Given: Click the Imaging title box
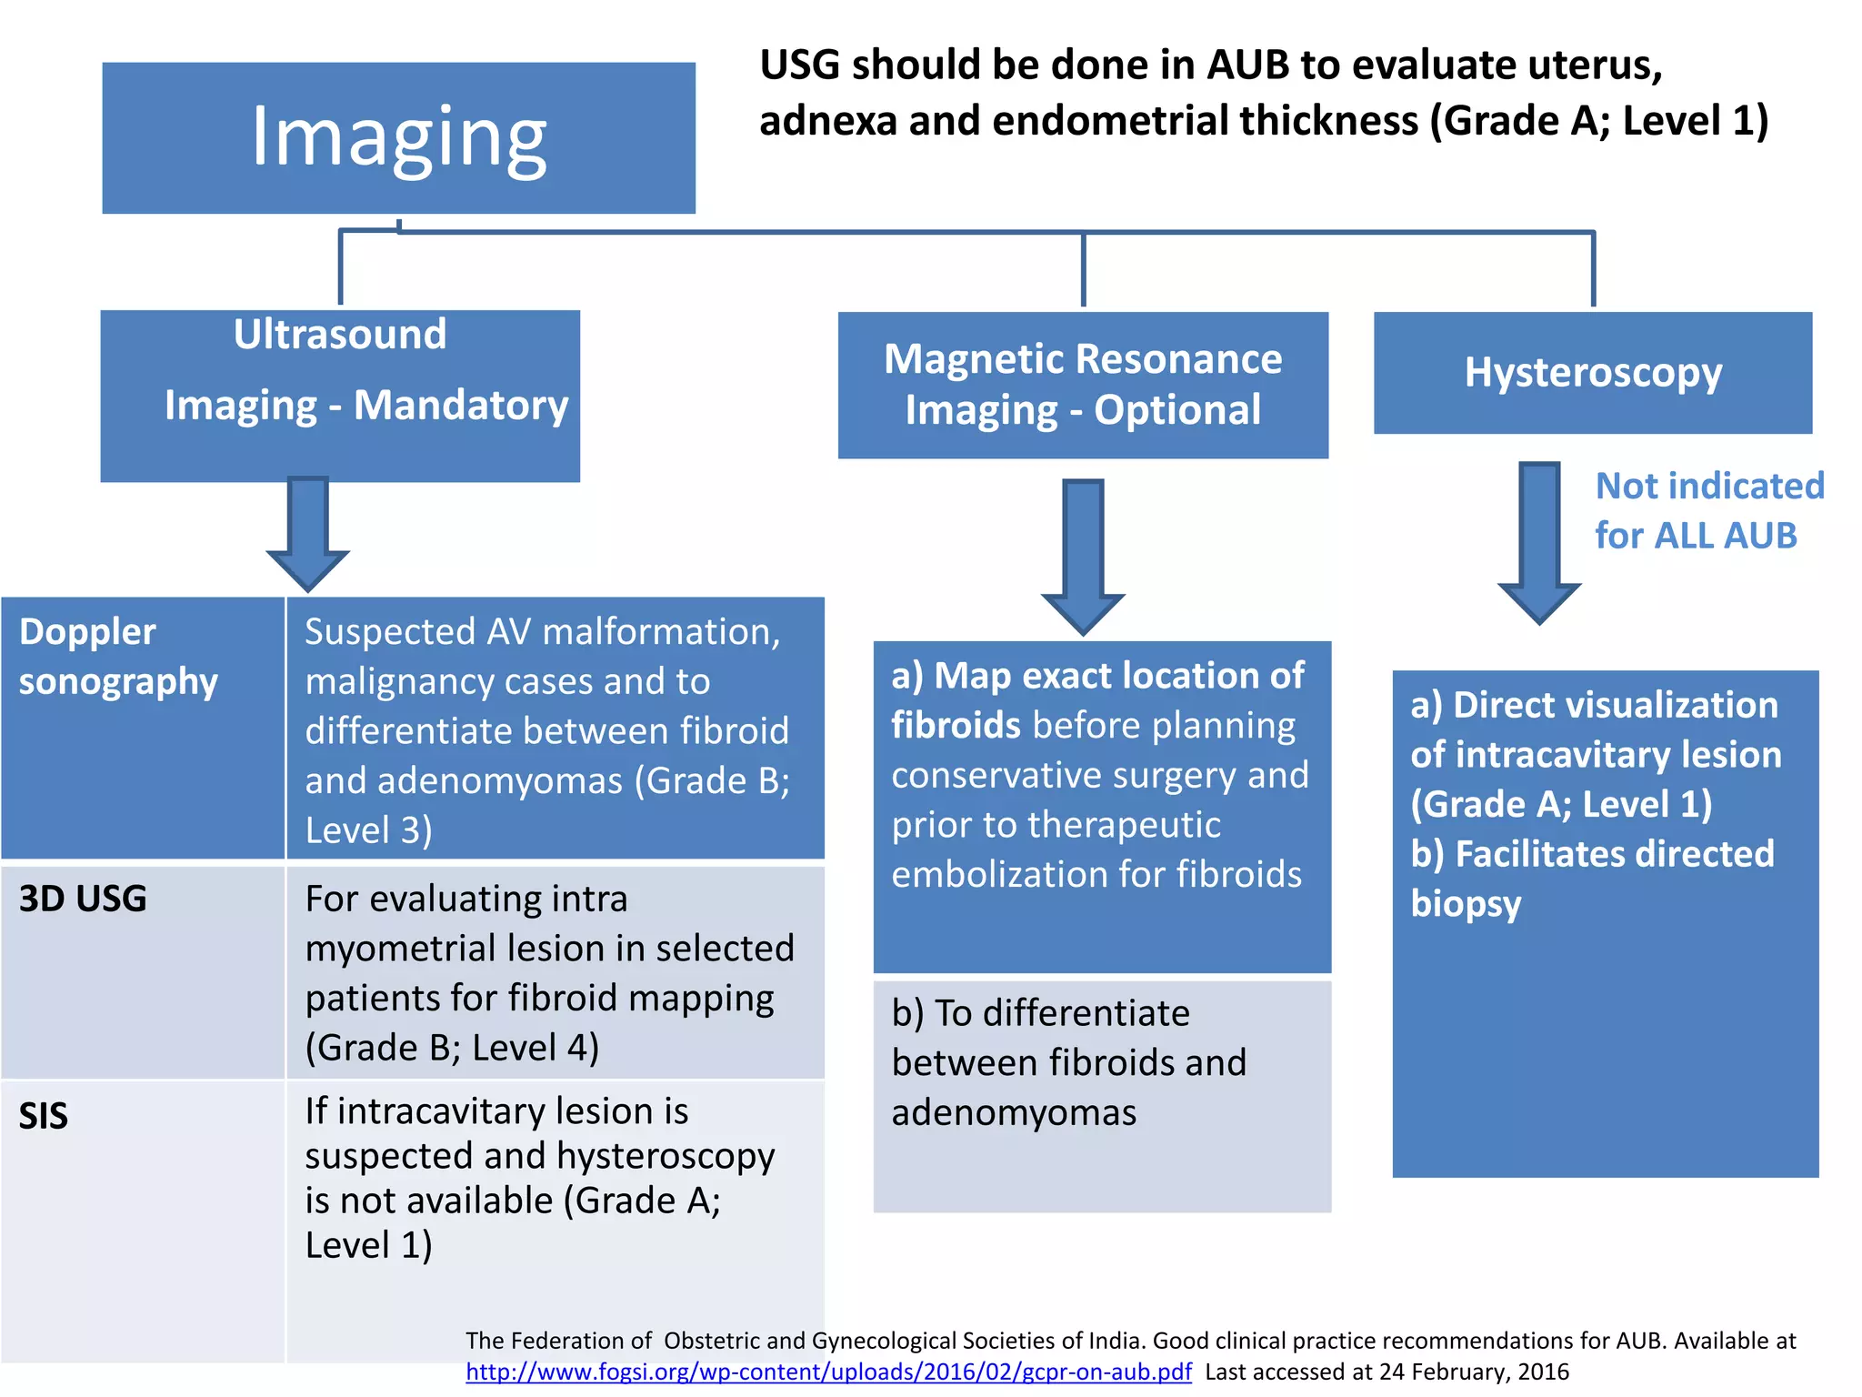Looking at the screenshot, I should click(398, 137).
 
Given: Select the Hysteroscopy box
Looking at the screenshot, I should click(1592, 372).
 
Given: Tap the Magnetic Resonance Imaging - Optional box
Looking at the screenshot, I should click(1082, 385).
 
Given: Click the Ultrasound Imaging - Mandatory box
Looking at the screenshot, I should click(340, 395).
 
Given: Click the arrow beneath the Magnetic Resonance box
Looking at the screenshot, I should click(1083, 556).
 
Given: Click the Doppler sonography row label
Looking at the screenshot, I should click(118, 656).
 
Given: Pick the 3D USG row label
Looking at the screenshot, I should click(83, 899).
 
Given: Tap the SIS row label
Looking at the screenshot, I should click(44, 1116).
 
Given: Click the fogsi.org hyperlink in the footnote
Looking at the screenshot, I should click(828, 1372).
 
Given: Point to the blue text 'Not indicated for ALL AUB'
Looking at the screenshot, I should click(1708, 510).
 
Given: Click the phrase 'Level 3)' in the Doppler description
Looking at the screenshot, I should click(368, 830).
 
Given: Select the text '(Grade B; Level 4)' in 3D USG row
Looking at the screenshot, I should click(452, 1048).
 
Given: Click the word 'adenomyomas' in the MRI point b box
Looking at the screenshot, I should click(1014, 1112).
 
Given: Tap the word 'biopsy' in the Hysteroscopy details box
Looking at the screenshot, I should click(1466, 904).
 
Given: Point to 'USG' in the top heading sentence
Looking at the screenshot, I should click(798, 65).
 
